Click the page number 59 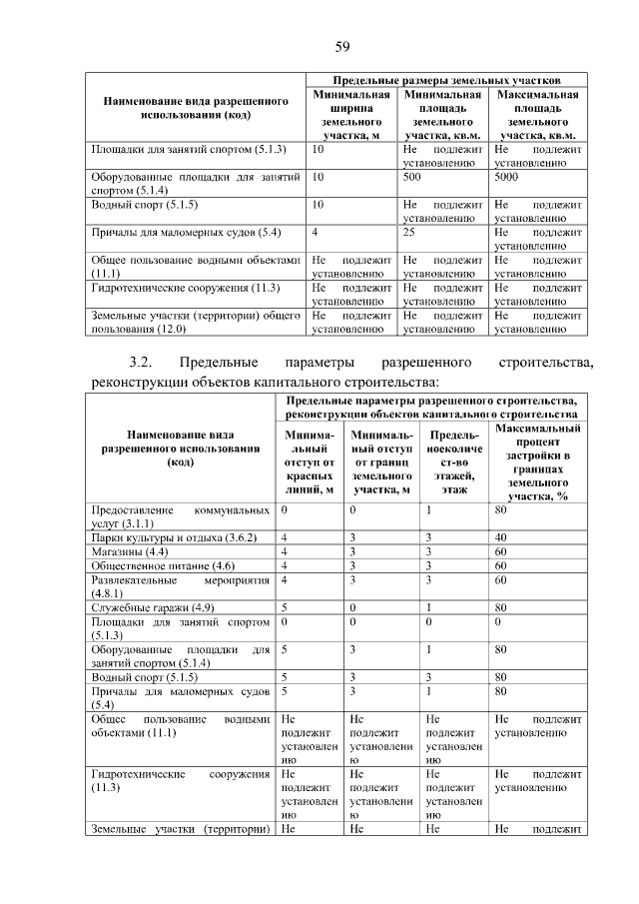point(341,47)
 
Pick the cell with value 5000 point(506,175)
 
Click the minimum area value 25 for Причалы point(408,232)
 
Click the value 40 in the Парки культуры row point(501,537)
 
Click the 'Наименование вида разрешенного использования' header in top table point(194,107)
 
